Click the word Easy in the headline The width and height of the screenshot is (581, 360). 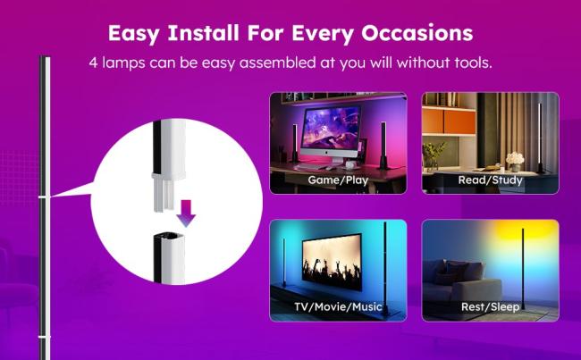133,33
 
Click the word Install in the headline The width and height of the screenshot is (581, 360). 204,32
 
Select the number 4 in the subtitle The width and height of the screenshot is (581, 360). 93,63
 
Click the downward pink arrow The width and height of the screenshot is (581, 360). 186,213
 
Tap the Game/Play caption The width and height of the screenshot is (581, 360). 338,180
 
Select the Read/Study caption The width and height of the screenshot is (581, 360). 490,180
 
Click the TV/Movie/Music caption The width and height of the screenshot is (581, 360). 338,306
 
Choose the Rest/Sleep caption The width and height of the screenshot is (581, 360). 490,307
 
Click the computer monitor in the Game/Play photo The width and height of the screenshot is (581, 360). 331,133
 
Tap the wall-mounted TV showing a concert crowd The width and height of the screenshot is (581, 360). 332,263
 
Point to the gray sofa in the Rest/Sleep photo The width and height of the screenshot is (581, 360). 462,282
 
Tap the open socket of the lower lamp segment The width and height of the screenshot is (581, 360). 169,237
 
